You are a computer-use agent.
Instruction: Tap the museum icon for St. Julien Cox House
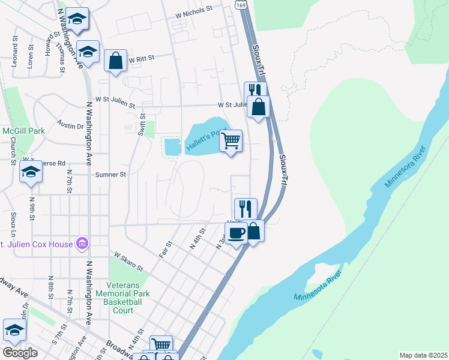point(83,244)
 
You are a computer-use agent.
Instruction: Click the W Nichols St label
point(194,10)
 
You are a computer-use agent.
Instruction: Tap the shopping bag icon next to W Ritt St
point(115,61)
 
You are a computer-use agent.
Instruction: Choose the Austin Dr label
point(70,126)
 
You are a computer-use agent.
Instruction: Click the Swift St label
point(142,124)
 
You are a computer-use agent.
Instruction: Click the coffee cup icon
point(237,232)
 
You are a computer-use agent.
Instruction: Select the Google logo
point(20,353)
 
